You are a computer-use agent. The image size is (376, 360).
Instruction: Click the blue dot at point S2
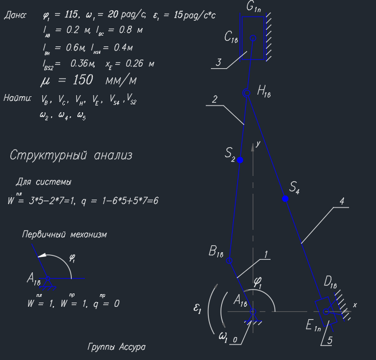(240, 160)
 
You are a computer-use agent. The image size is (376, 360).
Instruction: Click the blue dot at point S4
(285, 199)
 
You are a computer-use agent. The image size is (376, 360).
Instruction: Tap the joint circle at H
(246, 92)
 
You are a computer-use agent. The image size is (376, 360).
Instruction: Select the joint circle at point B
(229, 260)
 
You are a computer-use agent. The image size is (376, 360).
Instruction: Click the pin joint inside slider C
(253, 38)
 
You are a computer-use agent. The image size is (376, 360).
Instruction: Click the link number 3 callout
(218, 62)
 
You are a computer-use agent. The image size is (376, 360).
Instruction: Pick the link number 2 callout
(214, 99)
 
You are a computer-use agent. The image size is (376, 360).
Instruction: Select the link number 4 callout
(341, 201)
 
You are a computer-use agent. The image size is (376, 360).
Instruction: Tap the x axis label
(354, 305)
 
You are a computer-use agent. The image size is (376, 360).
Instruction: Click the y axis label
(258, 144)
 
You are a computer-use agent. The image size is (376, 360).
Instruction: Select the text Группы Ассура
(116, 347)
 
